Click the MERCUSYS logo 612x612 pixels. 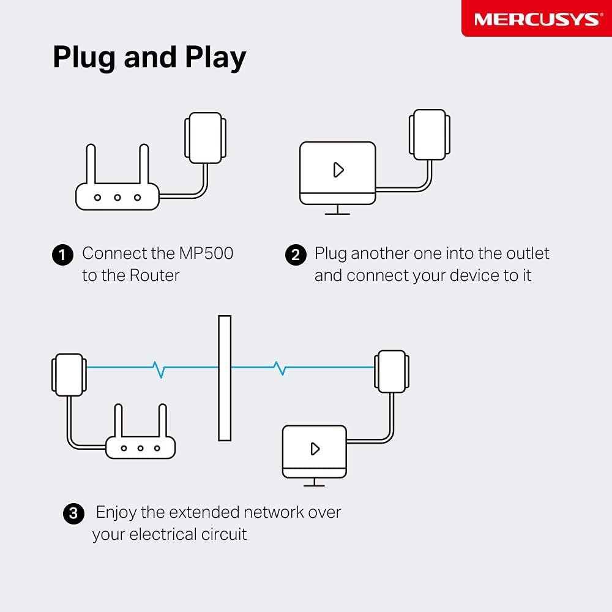pos(536,19)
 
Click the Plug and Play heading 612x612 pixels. pos(149,58)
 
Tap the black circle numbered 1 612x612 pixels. pos(62,255)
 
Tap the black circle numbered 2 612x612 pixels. pos(296,255)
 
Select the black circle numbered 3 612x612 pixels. pos(73,513)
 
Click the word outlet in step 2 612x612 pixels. pos(527,253)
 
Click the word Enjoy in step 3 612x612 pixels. pos(116,513)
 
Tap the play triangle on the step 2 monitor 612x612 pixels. pos(338,170)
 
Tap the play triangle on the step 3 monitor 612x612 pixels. pos(315,449)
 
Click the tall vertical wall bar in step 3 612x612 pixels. pos(225,378)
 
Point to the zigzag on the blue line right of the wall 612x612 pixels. pos(280,368)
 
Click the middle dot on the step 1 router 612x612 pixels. pos(118,198)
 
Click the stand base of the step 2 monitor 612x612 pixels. pos(337,213)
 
